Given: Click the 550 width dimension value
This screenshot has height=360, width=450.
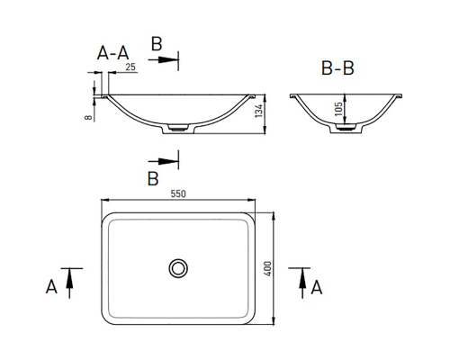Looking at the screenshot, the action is coord(178,193).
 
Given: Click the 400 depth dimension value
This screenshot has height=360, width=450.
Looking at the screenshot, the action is coord(267,269).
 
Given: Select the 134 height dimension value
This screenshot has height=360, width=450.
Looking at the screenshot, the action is coord(259,111).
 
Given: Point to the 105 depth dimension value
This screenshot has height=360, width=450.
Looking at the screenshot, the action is coord(338,109).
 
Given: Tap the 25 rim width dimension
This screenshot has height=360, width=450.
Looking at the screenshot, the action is coord(130,67).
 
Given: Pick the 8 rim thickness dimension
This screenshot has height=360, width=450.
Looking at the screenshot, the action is coord(88,117).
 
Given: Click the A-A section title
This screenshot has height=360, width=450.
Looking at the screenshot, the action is coord(113,53).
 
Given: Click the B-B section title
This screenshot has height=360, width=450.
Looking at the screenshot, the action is coord(337,68).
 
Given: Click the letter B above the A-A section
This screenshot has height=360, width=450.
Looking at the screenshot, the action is coord(157,44).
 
